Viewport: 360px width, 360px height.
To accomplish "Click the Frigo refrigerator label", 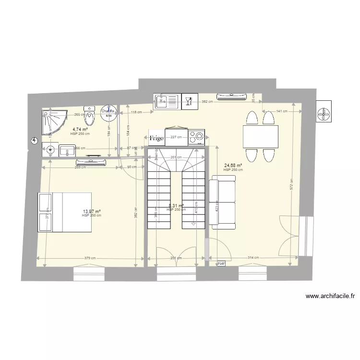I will point(156,138).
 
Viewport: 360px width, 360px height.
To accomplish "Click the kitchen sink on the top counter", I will point(166,101).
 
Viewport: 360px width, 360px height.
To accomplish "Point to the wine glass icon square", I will point(189,101).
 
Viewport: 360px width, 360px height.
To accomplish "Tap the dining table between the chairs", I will point(260,136).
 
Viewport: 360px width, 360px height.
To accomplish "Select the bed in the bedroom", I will point(64,211).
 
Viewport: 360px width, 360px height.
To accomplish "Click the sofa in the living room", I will point(223,200).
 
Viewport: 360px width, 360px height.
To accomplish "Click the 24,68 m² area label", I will point(233,167).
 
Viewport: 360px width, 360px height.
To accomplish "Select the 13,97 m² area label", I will point(91,212).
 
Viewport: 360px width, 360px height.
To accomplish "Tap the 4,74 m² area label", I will point(80,130).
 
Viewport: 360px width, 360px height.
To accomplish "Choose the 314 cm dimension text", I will point(253,258).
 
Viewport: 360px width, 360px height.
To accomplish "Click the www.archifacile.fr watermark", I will point(332,296).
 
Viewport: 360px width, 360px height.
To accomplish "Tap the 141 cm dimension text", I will point(282,111).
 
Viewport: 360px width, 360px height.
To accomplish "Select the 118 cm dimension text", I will point(136,112).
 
